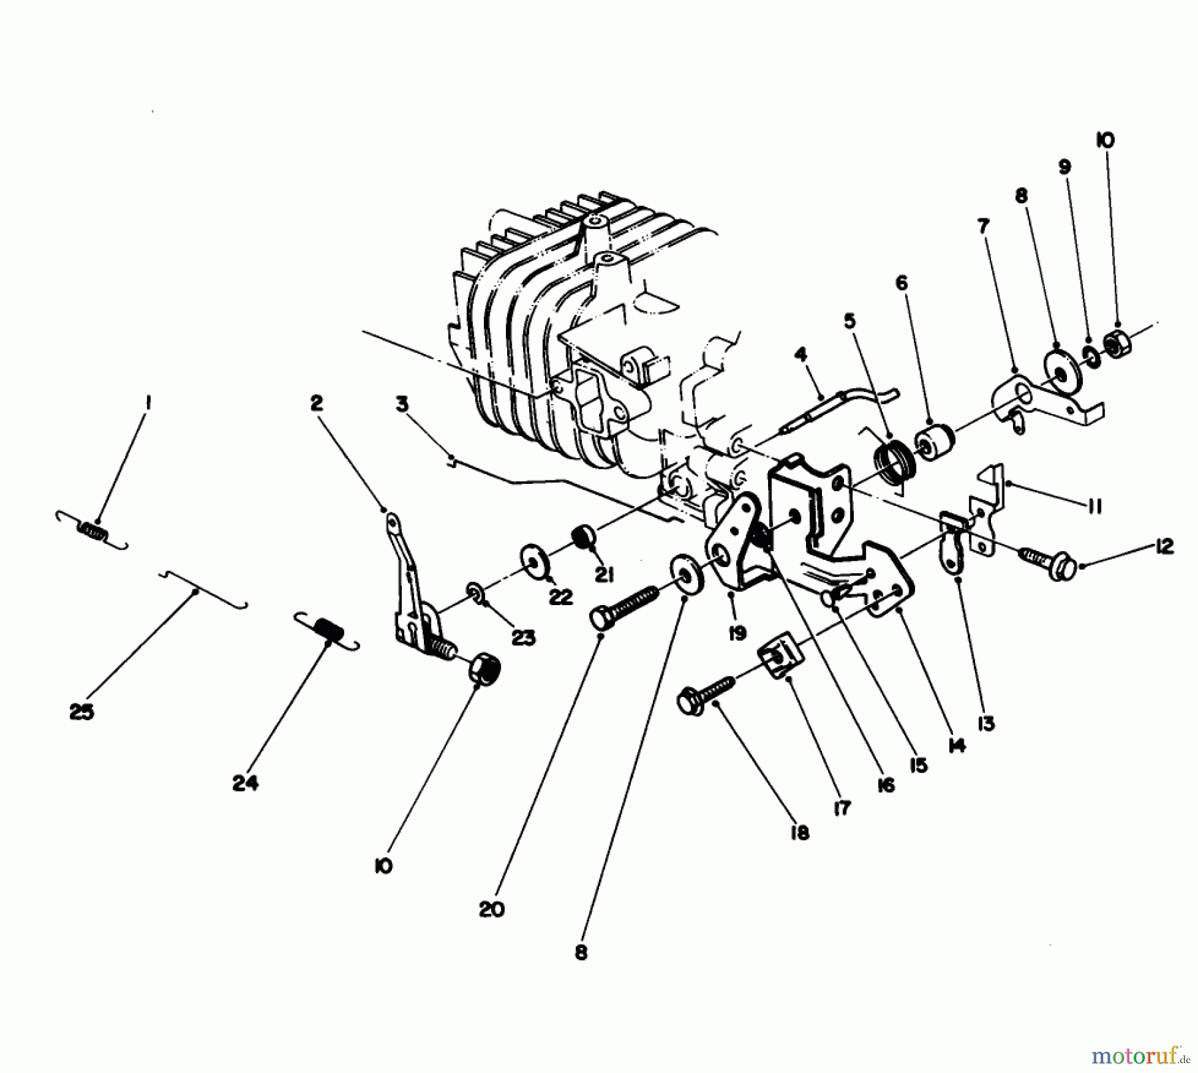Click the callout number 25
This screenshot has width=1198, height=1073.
tap(81, 712)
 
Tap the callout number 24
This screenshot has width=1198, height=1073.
tap(245, 784)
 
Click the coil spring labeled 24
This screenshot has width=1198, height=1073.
tap(327, 630)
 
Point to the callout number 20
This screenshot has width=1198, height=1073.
tap(492, 909)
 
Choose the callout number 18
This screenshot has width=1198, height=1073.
tap(799, 833)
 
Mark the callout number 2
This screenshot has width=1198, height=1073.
tap(315, 403)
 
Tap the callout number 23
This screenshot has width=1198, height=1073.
tap(522, 638)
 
